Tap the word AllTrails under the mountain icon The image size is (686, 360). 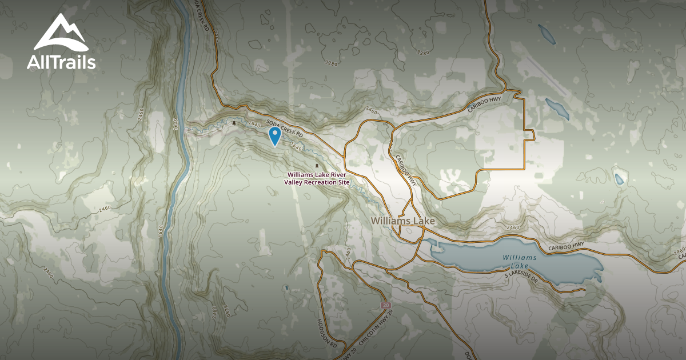pyautogui.click(x=61, y=62)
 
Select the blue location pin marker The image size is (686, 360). pyautogui.click(x=274, y=135)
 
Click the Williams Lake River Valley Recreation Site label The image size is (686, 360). pyautogui.click(x=317, y=178)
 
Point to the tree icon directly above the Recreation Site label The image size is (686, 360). pyautogui.click(x=317, y=166)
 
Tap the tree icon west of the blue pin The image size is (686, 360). pyautogui.click(x=234, y=122)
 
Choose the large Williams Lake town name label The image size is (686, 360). pyautogui.click(x=402, y=221)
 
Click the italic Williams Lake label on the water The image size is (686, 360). pyautogui.click(x=520, y=262)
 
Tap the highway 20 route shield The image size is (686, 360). pyautogui.click(x=385, y=306)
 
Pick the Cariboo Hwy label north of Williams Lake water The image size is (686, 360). pyautogui.click(x=567, y=246)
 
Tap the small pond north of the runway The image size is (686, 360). pyautogui.click(x=545, y=34)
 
